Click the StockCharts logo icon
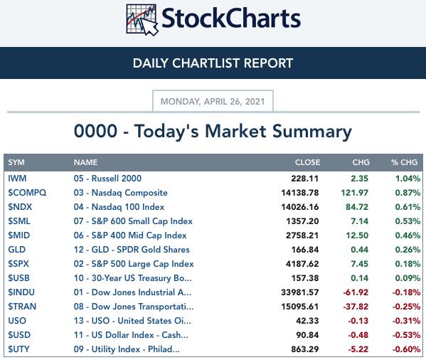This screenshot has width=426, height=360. pos(142,19)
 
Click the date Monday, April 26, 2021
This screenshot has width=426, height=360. pos(213,102)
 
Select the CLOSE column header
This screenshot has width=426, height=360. pos(307,162)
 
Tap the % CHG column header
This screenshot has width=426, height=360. pos(404,162)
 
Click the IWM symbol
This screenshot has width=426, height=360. pos(17,179)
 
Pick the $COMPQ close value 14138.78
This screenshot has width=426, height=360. pos(300,193)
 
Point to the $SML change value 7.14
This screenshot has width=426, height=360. pos(359,221)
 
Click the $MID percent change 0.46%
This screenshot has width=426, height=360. pos(408,235)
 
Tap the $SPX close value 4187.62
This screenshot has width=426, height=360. pos(302,264)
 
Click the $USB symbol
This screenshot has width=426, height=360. pos(18,278)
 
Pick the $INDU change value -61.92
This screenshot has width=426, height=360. pos(356,292)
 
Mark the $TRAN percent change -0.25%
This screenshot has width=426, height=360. pos(406,307)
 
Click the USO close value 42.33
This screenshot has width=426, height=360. pos(307,321)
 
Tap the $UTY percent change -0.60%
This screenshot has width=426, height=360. pos(406,349)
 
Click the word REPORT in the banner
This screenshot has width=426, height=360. pos(268,63)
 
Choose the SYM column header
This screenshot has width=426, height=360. pos(16,162)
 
